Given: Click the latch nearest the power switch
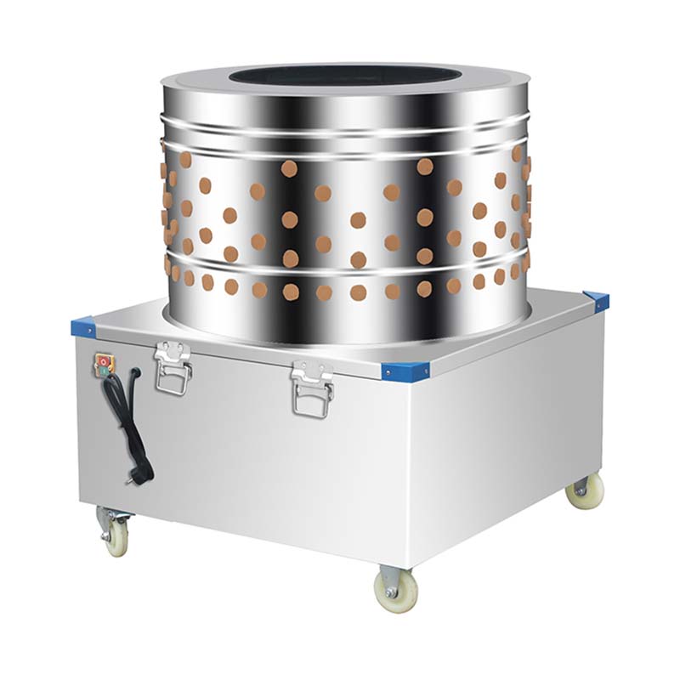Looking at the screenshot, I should coord(172,367).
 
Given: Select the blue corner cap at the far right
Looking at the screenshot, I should coord(597,299).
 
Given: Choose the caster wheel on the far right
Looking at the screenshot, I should coord(586,491).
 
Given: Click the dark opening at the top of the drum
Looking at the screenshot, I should coord(344,76).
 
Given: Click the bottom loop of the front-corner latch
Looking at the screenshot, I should coord(312,407).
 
